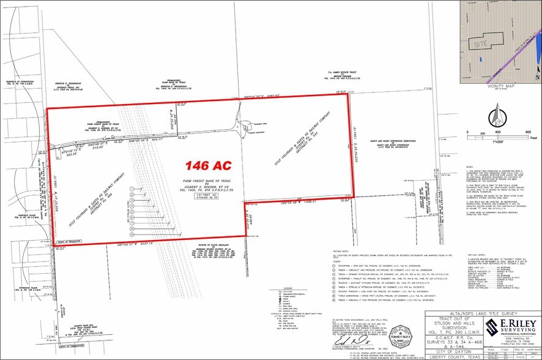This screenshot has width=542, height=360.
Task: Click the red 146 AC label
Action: pos(203,165)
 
